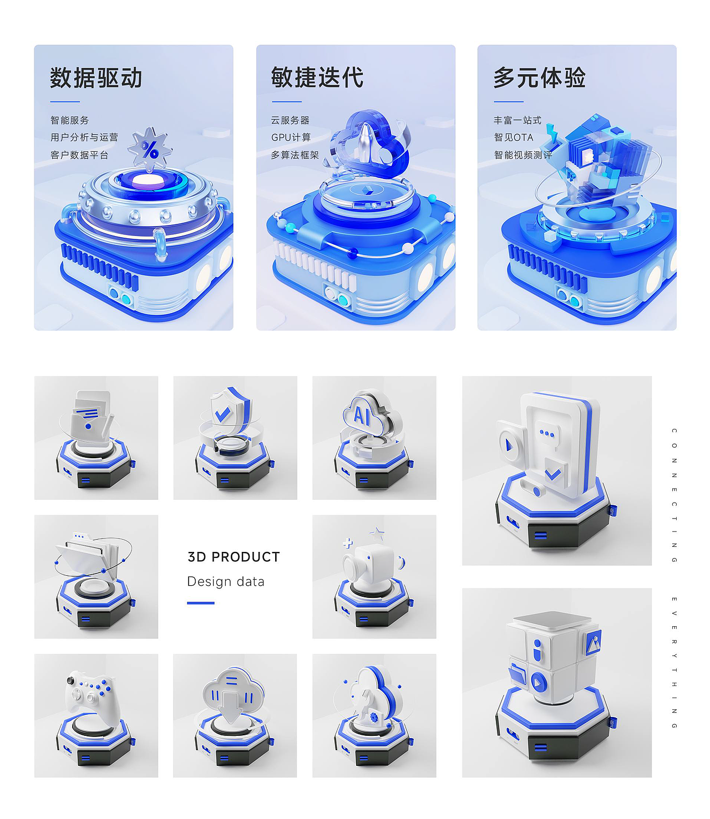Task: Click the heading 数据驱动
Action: (96, 78)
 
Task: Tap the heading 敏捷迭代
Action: (317, 77)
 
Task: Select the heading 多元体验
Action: (540, 77)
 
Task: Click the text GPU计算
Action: (291, 137)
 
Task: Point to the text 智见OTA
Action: (514, 137)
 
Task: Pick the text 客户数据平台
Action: (79, 155)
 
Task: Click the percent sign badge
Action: (150, 150)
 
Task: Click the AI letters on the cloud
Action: (361, 416)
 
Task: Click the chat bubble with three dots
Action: (547, 434)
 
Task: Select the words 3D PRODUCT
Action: (234, 557)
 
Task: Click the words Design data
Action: (226, 581)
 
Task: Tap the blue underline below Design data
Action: (201, 603)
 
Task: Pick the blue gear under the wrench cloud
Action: (374, 717)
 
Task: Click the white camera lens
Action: (351, 567)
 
